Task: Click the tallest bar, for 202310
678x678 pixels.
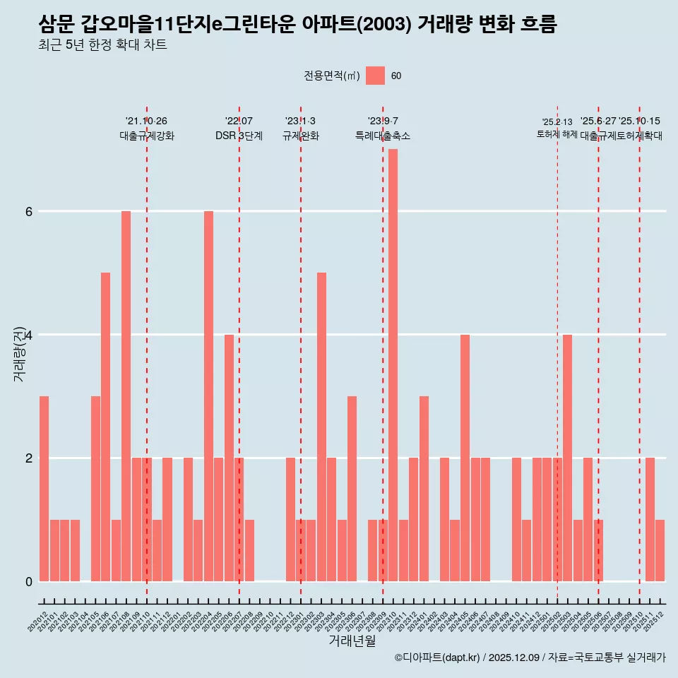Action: (393, 365)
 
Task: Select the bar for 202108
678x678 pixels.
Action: (126, 396)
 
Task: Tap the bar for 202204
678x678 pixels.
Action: (208, 396)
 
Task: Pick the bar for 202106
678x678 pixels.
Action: (105, 427)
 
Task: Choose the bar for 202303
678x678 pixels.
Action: (321, 427)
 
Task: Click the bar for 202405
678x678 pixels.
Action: (465, 458)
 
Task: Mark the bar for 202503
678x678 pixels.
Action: (567, 458)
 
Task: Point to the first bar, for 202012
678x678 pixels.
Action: (44, 489)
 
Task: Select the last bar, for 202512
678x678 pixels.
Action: (660, 550)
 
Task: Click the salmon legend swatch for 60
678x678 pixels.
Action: (375, 76)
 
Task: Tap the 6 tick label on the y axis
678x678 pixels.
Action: (29, 211)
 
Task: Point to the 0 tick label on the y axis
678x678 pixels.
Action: (29, 581)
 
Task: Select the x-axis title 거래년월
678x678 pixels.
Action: (352, 641)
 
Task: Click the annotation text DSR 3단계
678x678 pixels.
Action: (239, 136)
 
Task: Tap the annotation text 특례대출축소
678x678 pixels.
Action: (382, 136)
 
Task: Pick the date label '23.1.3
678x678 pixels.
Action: (300, 121)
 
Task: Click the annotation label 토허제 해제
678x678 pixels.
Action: (557, 134)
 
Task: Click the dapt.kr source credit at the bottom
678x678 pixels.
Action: (530, 658)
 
